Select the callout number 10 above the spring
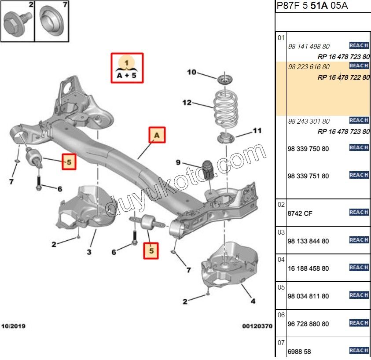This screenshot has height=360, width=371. coord(191,72)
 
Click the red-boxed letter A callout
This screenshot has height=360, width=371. coord(157,136)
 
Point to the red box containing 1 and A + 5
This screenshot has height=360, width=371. coord(127,68)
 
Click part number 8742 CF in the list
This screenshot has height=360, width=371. coord(300,213)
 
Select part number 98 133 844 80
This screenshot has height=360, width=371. coord(308,241)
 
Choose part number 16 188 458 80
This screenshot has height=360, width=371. coord(308,268)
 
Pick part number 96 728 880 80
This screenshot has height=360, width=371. coord(308,324)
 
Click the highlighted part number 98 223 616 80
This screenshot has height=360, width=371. coord(309,67)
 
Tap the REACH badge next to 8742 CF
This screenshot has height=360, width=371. coord(359,212)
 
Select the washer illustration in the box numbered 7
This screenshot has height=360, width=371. coord(52,22)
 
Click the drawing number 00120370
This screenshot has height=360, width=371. coord(257,327)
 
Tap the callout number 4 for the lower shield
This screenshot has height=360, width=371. coord(252,301)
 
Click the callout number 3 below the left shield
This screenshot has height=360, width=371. coord(89,252)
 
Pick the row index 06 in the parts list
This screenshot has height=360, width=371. coord(281,315)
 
